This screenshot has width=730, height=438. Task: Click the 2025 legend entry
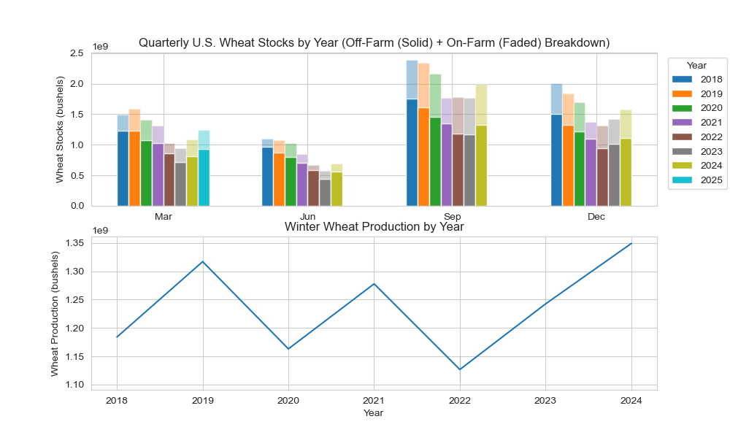point(701,180)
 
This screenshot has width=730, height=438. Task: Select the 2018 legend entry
point(701,79)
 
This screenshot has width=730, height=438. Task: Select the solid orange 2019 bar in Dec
point(568,165)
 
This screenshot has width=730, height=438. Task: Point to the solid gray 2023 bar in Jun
point(325,192)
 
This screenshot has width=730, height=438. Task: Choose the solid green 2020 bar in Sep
point(435,161)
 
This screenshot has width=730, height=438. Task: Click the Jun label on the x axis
point(308,217)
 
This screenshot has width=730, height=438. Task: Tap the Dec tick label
point(596,217)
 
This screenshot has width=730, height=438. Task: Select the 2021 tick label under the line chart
point(374,400)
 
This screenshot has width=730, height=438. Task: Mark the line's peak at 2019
point(203,261)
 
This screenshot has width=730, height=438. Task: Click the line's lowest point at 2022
point(460,369)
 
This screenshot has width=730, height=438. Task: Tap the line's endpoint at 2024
point(631,244)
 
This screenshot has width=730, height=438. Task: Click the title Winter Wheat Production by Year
point(374,227)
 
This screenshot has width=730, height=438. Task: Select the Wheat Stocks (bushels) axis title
point(60,129)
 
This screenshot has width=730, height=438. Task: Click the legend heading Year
point(696,66)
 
